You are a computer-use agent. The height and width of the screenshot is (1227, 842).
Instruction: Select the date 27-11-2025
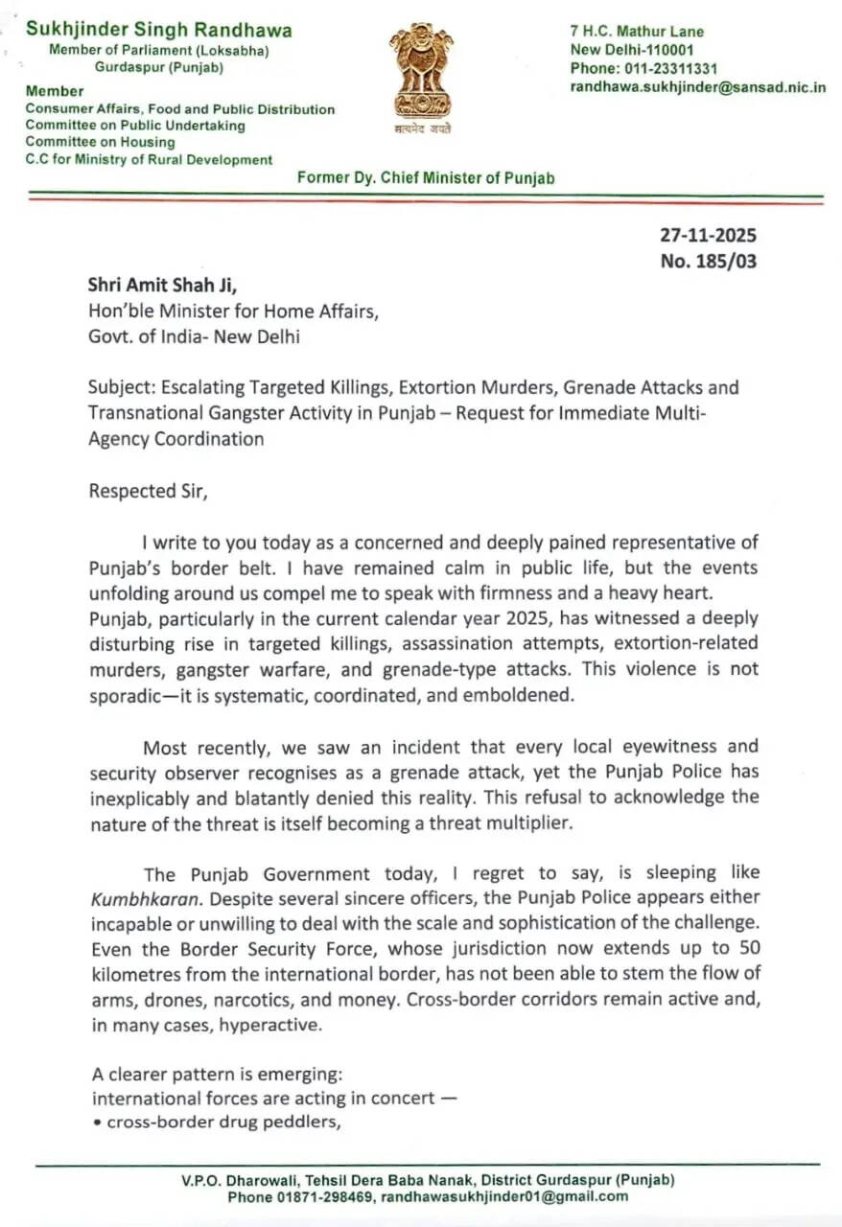(708, 235)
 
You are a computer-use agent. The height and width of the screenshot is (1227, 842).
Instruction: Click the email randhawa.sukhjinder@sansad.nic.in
(698, 86)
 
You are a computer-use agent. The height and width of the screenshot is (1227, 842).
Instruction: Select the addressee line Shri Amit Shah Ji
(168, 285)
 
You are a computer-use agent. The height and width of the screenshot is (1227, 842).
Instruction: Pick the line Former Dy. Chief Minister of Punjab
(425, 177)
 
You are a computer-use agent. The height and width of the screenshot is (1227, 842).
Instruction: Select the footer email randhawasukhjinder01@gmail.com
(505, 1196)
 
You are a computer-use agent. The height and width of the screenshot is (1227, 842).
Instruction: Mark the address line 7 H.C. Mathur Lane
(637, 32)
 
